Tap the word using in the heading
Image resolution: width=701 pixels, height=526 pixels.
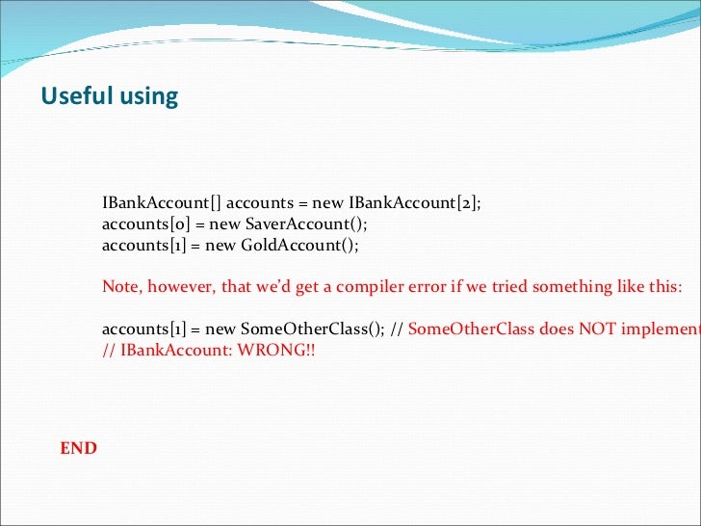[x=146, y=97]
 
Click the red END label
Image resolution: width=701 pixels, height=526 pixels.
[x=78, y=448]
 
